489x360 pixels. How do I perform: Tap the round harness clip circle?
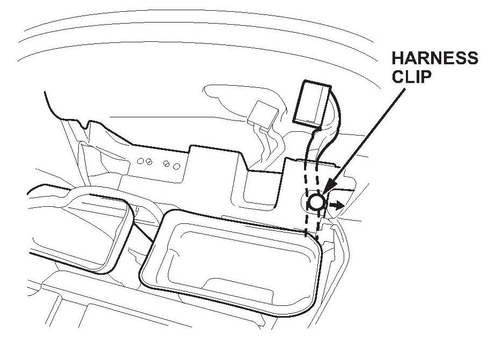pyautogui.click(x=316, y=202)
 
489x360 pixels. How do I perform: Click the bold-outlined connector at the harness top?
pyautogui.click(x=312, y=103)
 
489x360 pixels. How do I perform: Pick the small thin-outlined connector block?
pyautogui.click(x=265, y=114)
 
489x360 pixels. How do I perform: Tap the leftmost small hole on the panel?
pyautogui.click(x=141, y=160)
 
